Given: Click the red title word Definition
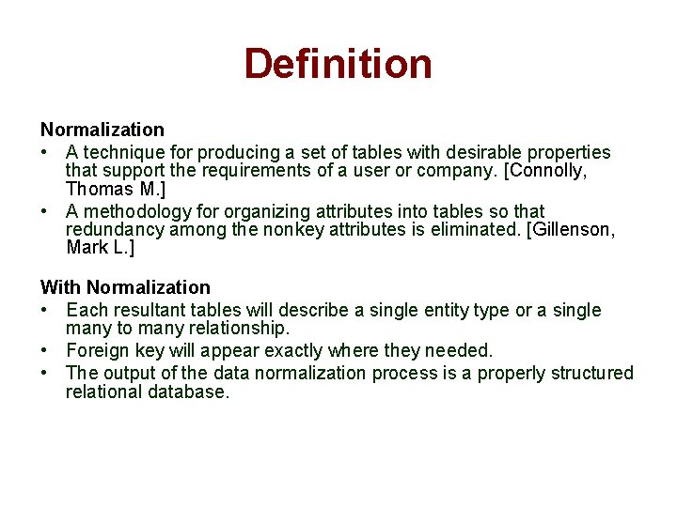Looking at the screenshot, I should pos(338,64).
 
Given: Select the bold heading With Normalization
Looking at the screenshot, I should pos(125,287).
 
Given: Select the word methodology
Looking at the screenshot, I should pos(135,211).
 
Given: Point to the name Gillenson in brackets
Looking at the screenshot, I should pos(571,230).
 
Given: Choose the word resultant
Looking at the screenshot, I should pos(150,310).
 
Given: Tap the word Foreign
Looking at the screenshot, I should pos(98,351).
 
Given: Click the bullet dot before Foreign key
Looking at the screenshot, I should pos(44,351).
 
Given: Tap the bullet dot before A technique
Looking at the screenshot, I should pos(44,152).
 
